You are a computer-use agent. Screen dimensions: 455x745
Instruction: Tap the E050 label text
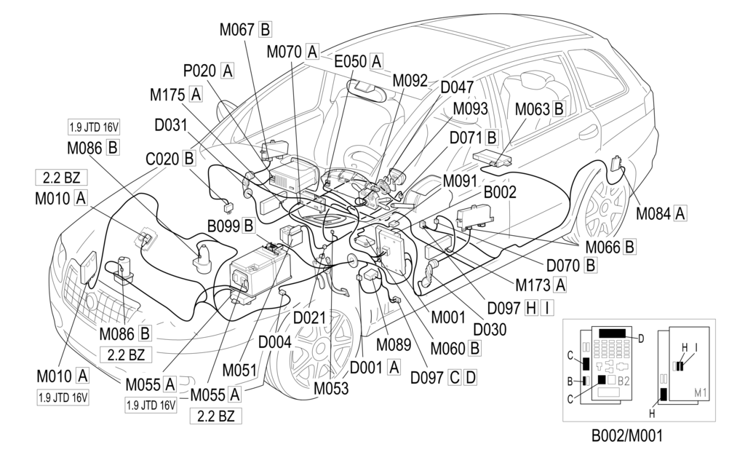tap(351, 62)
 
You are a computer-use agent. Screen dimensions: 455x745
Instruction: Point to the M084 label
tap(653, 213)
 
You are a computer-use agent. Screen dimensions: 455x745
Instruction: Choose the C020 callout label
tap(162, 158)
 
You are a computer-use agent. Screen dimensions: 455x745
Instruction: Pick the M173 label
tap(533, 283)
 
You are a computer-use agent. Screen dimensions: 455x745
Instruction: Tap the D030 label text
tap(490, 329)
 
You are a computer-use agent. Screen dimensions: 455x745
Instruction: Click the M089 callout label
tap(394, 341)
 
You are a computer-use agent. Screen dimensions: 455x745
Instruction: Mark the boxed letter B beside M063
tap(559, 109)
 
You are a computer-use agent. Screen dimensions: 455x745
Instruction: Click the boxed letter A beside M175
tap(195, 94)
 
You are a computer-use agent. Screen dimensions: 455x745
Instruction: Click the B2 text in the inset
tap(624, 380)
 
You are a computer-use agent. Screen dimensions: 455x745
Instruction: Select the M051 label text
tap(239, 369)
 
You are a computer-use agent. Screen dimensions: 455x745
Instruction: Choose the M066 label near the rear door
tap(602, 247)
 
